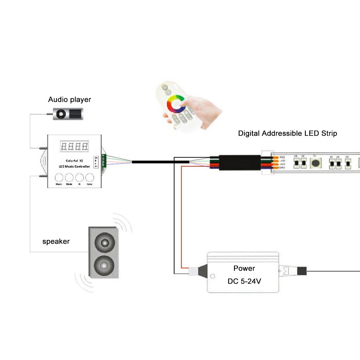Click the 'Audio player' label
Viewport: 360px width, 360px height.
[x=69, y=100]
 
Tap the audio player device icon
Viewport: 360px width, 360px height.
[x=67, y=114]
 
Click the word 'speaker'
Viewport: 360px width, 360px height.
[x=56, y=242]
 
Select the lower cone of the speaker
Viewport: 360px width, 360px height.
[x=103, y=266]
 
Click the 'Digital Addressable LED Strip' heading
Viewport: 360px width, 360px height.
[x=287, y=133]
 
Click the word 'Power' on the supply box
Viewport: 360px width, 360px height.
[x=244, y=268]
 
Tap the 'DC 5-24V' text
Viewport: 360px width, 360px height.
[x=244, y=281]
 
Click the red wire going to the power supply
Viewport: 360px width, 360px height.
[x=182, y=216]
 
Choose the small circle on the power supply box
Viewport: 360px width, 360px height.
[x=212, y=276]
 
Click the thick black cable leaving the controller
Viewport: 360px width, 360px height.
[x=160, y=162]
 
